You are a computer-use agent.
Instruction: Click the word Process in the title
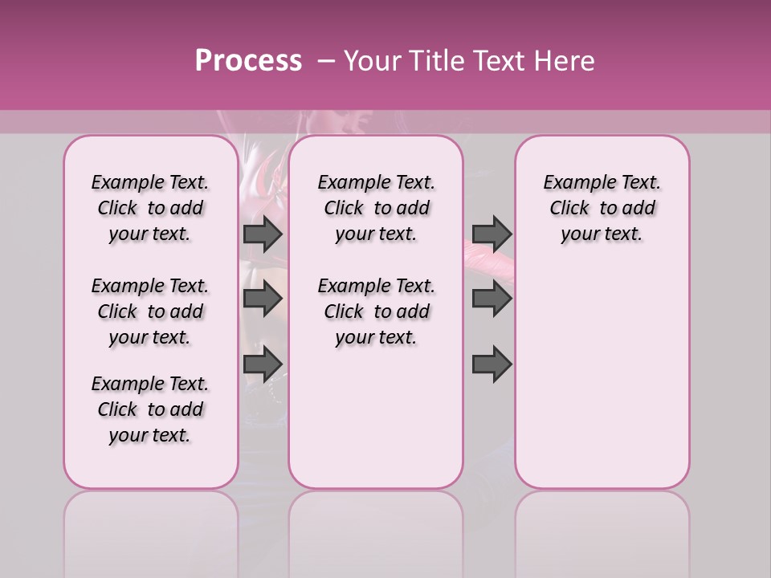pos(248,61)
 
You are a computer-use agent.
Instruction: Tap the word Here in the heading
pos(565,61)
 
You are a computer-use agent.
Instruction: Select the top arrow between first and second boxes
pos(263,234)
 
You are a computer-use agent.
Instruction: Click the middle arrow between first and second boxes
pos(263,299)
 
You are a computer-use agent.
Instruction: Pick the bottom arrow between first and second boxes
pos(263,364)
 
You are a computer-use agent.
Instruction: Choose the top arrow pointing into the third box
pos(492,234)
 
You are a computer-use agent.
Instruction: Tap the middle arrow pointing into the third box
pos(492,299)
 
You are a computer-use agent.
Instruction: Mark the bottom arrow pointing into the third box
pos(492,364)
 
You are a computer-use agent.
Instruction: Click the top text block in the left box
pos(150,208)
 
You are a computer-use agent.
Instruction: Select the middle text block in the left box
pos(150,311)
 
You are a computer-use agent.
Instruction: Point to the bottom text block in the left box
pos(150,409)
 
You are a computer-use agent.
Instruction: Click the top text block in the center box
pos(376,208)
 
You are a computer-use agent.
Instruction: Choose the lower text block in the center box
pos(376,311)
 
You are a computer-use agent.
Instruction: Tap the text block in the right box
pos(602,208)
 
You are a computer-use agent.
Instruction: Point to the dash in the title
pos(326,61)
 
